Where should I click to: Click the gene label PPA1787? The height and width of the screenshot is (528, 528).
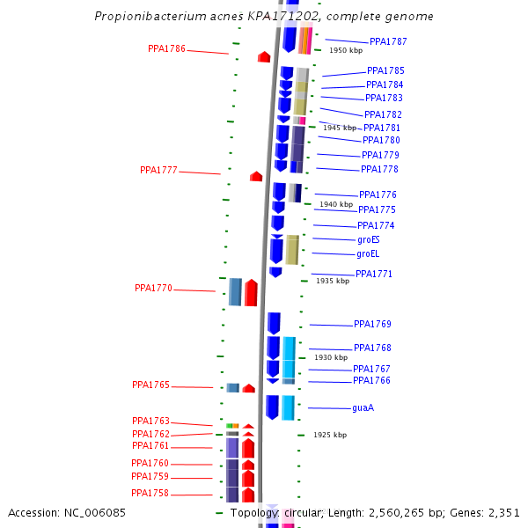[x=388, y=41]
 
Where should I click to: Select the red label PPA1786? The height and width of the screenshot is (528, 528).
[x=166, y=49]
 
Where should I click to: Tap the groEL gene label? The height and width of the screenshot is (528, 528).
[x=368, y=254]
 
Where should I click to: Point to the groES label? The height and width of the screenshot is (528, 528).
[x=368, y=239]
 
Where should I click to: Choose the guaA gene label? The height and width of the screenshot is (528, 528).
[x=363, y=408]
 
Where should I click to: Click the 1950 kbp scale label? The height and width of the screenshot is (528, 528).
[x=346, y=51]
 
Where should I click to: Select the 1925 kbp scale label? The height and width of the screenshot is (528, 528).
[x=330, y=435]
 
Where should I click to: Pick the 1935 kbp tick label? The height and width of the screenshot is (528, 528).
[x=333, y=281]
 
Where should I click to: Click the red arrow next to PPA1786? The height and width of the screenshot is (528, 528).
[x=264, y=57]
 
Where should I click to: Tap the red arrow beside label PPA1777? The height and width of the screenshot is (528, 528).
[x=256, y=177]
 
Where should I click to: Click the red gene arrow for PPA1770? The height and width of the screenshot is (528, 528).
[x=251, y=292]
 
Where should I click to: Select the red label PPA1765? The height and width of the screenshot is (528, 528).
[x=150, y=385]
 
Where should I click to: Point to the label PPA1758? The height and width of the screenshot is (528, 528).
[x=150, y=493]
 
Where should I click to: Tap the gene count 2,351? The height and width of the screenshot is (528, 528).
[x=503, y=512]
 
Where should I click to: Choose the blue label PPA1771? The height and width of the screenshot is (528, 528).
[x=374, y=275]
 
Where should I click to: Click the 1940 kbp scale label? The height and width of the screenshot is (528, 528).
[x=336, y=204]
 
